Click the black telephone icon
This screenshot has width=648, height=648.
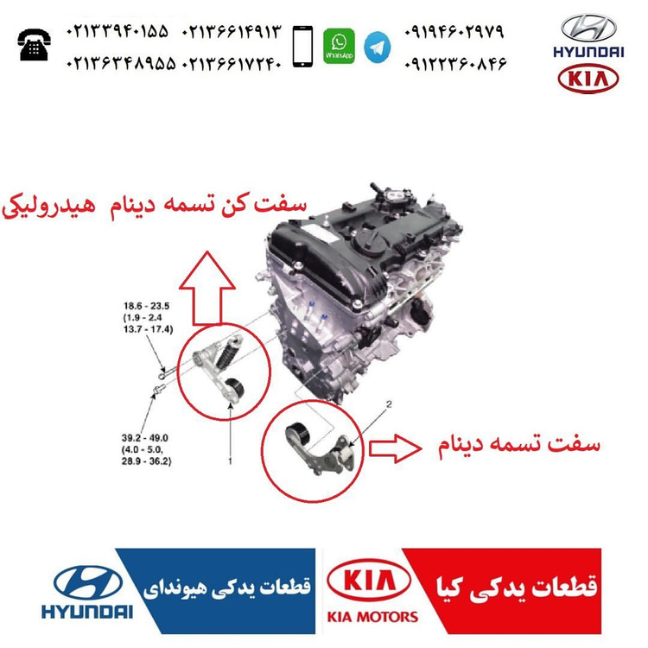click(x=35, y=45)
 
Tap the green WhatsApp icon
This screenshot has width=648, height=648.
click(x=339, y=46)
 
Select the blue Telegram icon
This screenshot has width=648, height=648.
click(x=377, y=48)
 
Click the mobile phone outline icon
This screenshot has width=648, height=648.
click(x=302, y=47)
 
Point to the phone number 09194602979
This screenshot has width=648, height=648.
click(x=454, y=31)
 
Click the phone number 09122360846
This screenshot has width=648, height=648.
click(x=455, y=64)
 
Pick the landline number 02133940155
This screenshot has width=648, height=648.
click(x=118, y=31)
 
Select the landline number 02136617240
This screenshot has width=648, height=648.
click(x=232, y=64)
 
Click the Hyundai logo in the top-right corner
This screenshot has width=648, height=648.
click(x=588, y=36)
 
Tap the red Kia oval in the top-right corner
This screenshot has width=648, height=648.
click(x=588, y=78)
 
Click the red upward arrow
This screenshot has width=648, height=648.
click(x=206, y=288)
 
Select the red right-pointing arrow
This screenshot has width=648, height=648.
click(x=395, y=448)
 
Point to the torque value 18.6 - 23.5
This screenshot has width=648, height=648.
click(x=146, y=306)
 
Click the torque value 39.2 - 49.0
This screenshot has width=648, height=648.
click(x=144, y=438)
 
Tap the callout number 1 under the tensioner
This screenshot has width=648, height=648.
click(x=230, y=461)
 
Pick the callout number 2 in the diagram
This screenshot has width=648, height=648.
click(x=389, y=403)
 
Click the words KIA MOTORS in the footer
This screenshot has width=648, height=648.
click(x=372, y=617)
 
